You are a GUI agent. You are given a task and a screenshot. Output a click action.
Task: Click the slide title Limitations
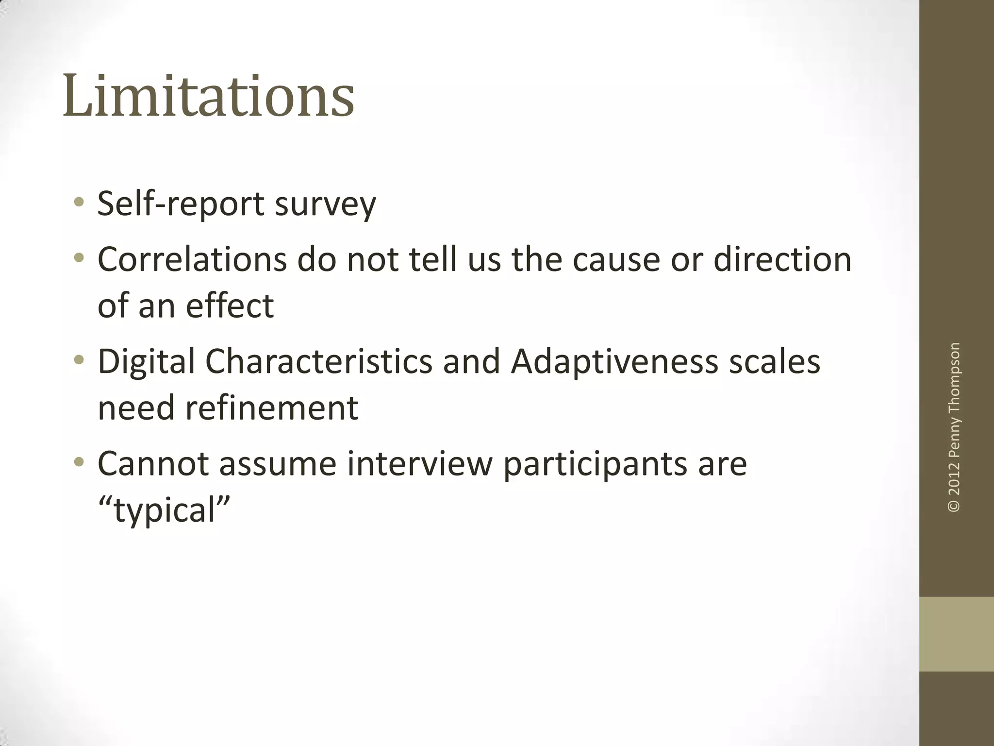(208, 96)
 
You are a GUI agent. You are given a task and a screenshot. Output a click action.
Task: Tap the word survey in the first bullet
(325, 204)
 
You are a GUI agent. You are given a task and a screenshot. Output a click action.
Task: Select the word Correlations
(192, 259)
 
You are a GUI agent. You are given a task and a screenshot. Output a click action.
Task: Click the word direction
(782, 259)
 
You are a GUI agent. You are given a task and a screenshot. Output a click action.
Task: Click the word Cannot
(153, 464)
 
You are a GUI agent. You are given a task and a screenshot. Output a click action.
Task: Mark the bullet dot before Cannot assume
(79, 462)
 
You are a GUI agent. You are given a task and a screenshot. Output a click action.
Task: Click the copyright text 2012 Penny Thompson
(954, 427)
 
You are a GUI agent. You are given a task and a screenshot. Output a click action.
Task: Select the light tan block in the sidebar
(956, 634)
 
